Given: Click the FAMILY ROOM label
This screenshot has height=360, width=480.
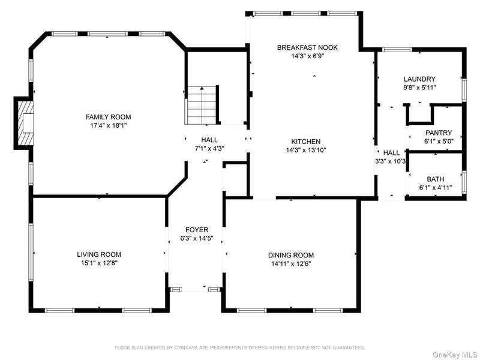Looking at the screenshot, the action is [x=109, y=117].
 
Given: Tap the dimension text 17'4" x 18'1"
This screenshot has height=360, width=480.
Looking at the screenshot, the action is [x=109, y=125].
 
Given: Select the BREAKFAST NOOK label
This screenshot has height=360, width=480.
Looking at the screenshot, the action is [x=307, y=47].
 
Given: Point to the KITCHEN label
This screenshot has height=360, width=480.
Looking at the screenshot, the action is [x=306, y=142].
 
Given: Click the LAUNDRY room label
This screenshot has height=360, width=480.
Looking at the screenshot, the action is [x=419, y=79].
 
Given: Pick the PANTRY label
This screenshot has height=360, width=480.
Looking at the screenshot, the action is [x=439, y=133].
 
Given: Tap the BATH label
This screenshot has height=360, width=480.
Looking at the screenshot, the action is [x=436, y=179].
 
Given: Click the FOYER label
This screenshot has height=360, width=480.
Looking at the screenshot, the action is [x=197, y=230].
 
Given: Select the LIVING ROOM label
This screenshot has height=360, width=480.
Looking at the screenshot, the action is [x=99, y=254].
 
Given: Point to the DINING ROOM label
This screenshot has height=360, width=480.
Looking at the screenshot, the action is [x=291, y=256].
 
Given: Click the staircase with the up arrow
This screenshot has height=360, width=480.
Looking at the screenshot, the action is [x=202, y=106].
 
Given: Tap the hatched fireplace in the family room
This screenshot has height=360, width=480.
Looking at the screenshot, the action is [x=25, y=123].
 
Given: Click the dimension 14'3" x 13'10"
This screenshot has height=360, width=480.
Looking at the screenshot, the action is [x=306, y=151].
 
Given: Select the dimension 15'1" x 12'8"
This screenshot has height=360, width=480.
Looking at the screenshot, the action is [x=99, y=263].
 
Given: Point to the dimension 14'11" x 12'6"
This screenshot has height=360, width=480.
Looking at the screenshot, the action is [x=291, y=264].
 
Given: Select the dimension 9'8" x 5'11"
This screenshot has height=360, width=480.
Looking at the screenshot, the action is [x=419, y=88].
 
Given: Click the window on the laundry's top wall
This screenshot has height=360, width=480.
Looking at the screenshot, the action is [x=397, y=49].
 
